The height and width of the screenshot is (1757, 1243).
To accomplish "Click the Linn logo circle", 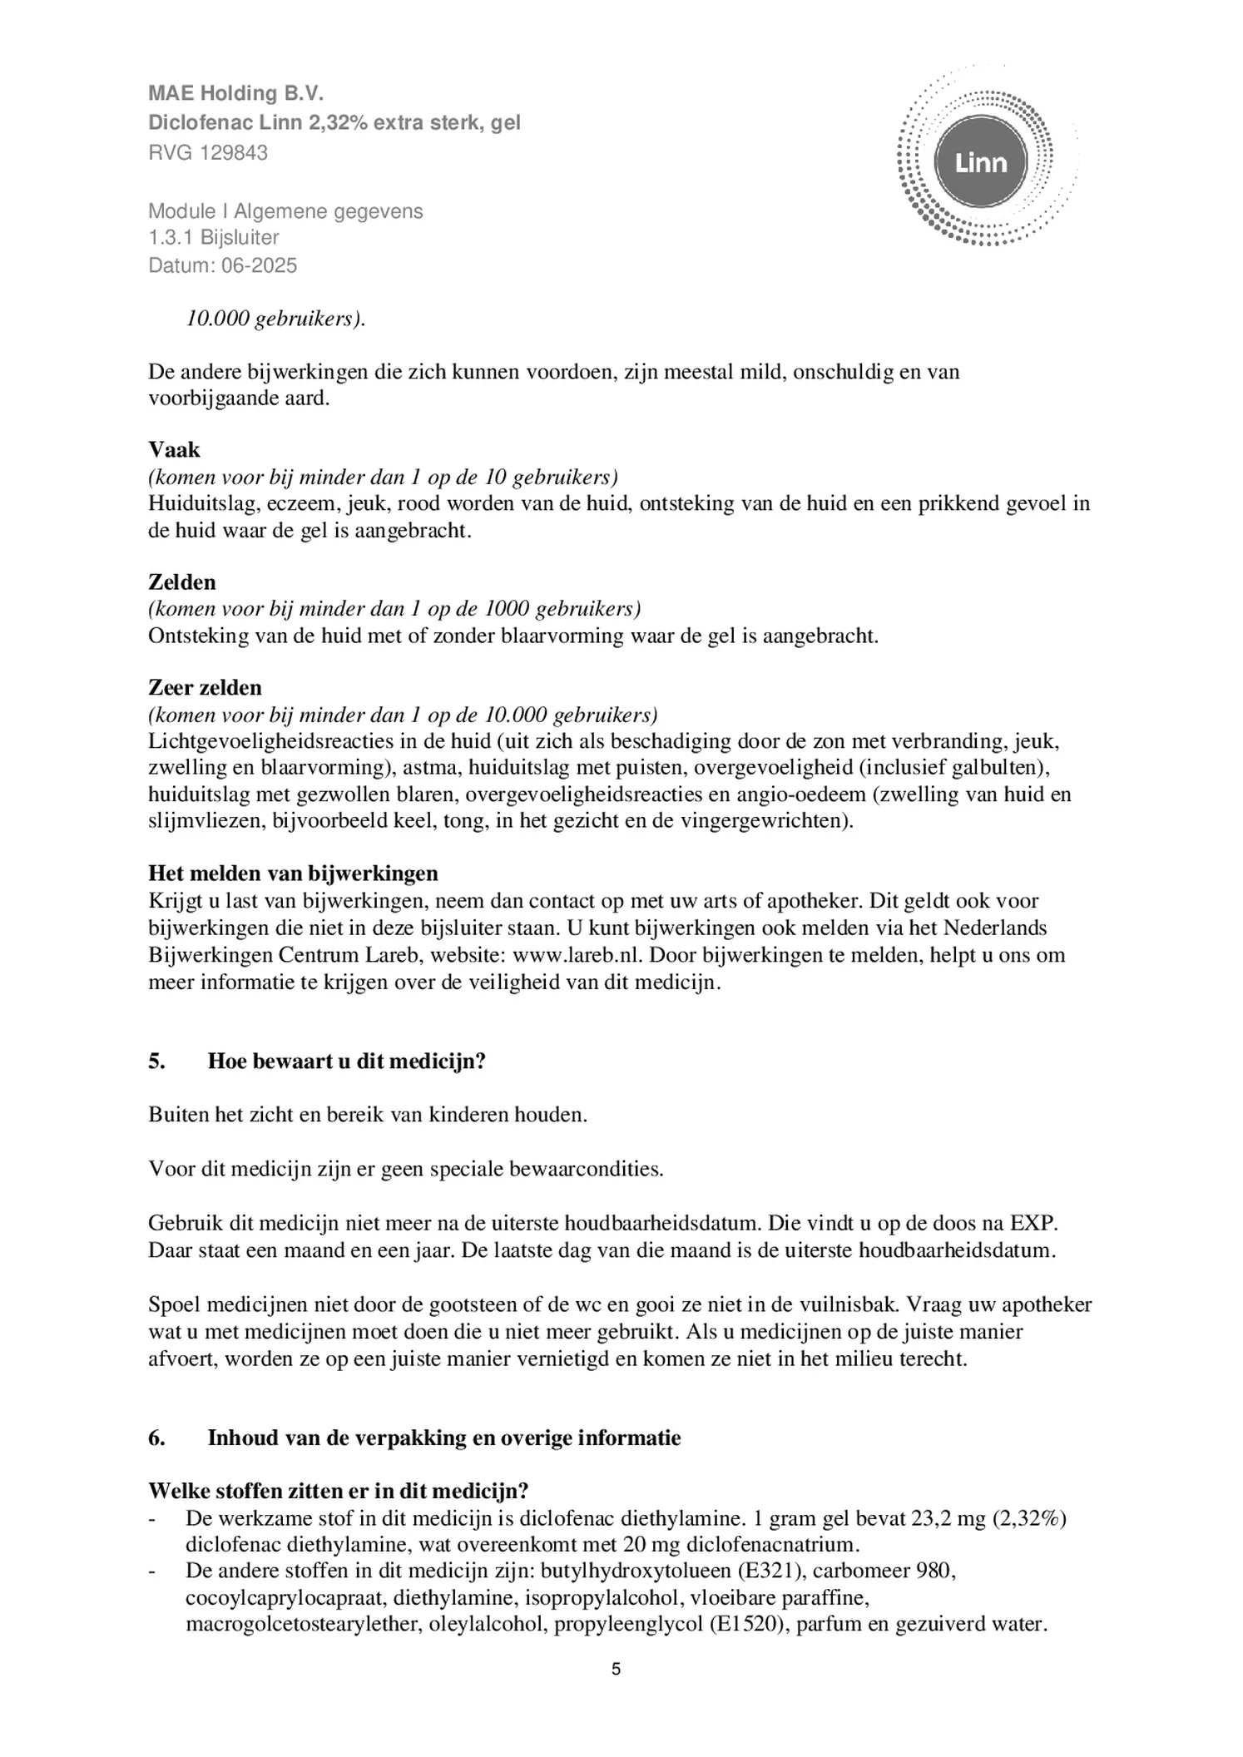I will (981, 162).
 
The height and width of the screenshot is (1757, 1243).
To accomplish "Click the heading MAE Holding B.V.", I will (235, 93).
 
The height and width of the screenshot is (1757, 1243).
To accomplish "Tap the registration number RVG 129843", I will (208, 153).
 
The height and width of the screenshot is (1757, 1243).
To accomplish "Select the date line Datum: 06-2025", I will (222, 265).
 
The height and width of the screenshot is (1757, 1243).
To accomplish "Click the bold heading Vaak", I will (174, 450).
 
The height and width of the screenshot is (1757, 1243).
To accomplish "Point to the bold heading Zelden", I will (181, 582).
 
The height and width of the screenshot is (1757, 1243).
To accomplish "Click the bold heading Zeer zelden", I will (205, 687).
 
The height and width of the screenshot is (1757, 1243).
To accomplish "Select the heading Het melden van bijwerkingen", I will (293, 873).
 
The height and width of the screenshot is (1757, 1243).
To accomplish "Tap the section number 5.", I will (156, 1062).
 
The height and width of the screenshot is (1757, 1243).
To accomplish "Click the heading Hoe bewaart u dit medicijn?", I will (346, 1062).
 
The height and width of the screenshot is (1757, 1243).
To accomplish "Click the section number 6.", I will (156, 1438).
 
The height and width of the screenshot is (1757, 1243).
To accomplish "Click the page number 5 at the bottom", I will (616, 1669).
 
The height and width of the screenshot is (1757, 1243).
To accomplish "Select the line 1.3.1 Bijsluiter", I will (213, 238).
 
